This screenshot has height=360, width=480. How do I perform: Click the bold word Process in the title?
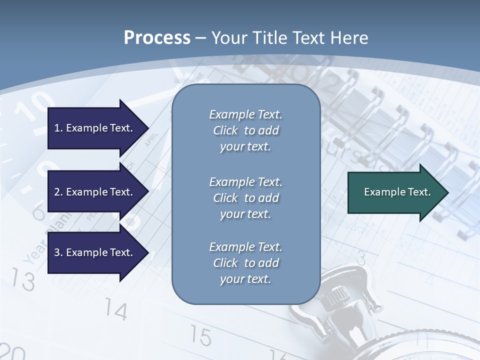click(157, 38)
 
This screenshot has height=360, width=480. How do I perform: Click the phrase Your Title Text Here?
click(289, 38)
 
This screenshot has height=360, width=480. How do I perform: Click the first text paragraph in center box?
click(245, 130)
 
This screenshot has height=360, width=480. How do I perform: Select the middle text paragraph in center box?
click(245, 198)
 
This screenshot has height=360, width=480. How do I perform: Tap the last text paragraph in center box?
click(245, 263)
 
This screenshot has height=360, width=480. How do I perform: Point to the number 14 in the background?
click(115, 311)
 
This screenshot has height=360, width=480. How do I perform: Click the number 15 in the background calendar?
click(200, 336)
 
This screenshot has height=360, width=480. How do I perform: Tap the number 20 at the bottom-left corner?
click(12, 352)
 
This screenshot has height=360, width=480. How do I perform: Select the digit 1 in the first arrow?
click(57, 128)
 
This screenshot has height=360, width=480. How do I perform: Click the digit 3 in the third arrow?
click(57, 252)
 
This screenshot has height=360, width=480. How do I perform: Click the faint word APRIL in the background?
click(151, 139)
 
